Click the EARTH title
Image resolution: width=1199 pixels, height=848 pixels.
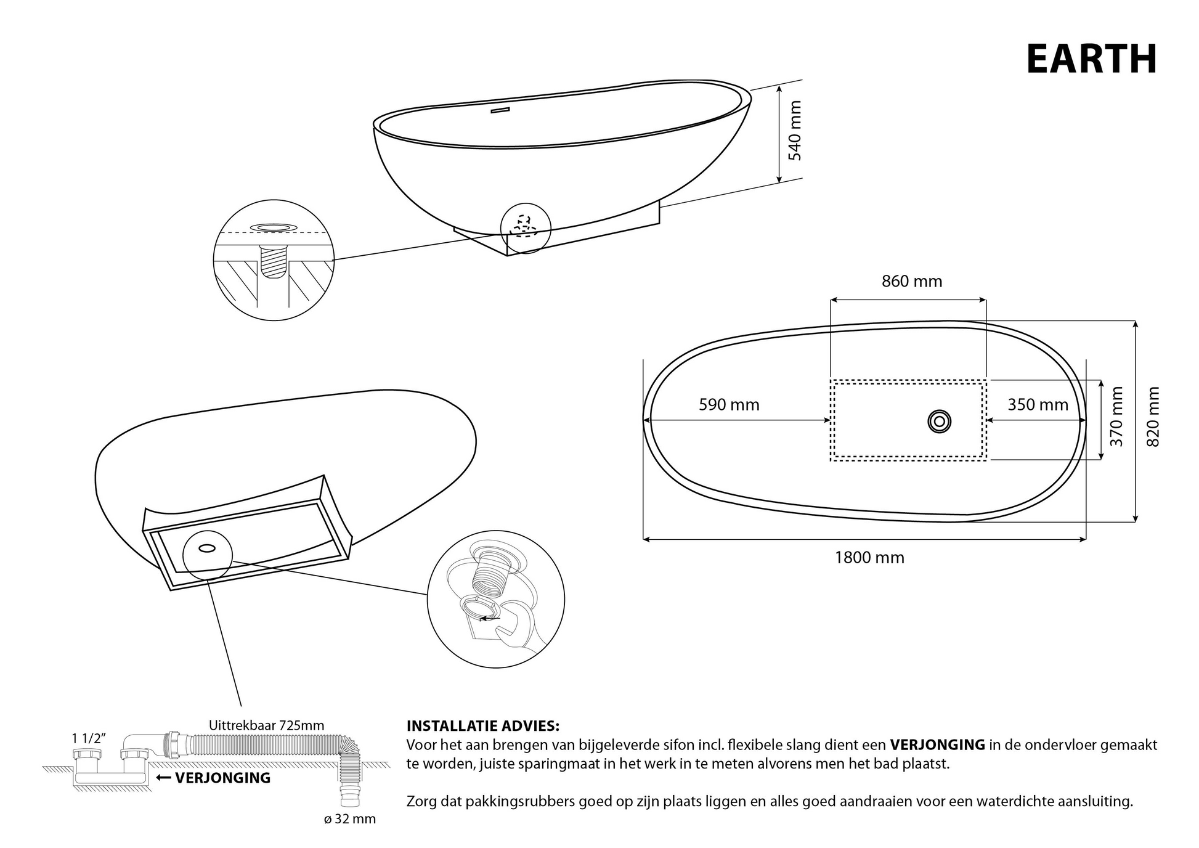(x=1091, y=59)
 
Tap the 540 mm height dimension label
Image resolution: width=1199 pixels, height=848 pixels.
(x=795, y=131)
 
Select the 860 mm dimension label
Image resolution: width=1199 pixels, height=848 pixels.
(x=912, y=282)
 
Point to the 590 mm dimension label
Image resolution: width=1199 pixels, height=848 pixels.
(x=729, y=405)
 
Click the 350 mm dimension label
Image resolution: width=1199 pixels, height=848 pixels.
(x=1038, y=405)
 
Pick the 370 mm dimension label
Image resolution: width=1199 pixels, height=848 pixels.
(x=1116, y=417)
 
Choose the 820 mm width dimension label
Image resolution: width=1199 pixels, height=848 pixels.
(x=1153, y=417)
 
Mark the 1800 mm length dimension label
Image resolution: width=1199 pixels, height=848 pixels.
(x=869, y=558)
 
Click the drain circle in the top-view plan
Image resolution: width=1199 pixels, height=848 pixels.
(x=939, y=422)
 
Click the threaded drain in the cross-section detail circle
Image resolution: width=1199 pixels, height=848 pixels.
(x=274, y=261)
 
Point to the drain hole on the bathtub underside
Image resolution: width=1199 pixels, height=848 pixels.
(x=207, y=547)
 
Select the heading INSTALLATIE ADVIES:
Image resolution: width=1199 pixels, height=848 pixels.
(x=483, y=726)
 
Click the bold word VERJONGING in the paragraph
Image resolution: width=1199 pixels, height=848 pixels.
(x=937, y=745)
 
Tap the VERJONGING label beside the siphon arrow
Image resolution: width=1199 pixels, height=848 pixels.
(x=223, y=778)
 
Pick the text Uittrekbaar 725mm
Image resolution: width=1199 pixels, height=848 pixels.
(x=266, y=725)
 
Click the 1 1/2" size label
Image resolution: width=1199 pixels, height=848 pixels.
(x=89, y=738)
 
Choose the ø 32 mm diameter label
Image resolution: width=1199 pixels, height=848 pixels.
(x=350, y=819)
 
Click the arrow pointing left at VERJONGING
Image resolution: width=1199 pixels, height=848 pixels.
(x=163, y=778)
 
